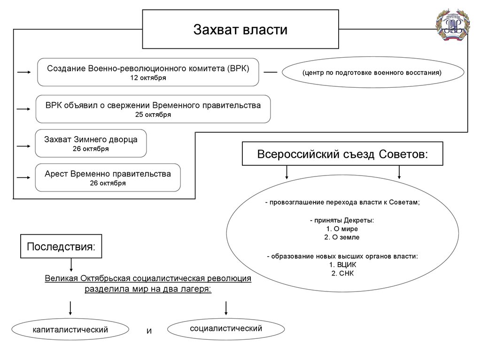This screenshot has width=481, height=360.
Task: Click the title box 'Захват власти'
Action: (240, 29)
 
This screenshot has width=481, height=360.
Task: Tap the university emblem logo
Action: (453, 25)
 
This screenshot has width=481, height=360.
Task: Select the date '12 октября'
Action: (148, 78)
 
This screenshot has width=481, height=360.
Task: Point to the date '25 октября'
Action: (153, 115)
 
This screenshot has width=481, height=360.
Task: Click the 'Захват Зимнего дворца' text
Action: (91, 139)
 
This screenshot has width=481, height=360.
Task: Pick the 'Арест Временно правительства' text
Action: (108, 174)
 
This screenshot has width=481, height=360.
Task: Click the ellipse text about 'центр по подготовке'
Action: (372, 73)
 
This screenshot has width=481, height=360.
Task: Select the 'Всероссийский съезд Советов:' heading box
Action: (342, 153)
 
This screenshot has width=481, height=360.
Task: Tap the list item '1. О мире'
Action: (342, 229)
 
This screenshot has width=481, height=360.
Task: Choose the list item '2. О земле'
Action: (342, 237)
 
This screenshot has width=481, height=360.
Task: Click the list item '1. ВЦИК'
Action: (342, 265)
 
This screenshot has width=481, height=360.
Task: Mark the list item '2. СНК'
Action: (342, 274)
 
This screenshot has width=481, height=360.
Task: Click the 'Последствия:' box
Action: (61, 246)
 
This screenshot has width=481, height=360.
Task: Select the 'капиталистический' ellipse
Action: (70, 329)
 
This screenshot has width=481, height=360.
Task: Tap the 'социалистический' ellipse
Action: (226, 329)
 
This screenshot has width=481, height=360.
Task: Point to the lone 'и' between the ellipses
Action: (149, 331)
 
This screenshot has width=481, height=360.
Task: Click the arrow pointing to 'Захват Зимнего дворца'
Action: (23, 146)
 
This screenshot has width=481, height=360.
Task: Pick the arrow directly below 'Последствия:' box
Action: (71, 265)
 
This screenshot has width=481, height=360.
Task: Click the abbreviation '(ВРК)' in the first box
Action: (238, 69)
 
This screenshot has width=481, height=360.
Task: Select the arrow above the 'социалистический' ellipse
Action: (226, 308)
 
